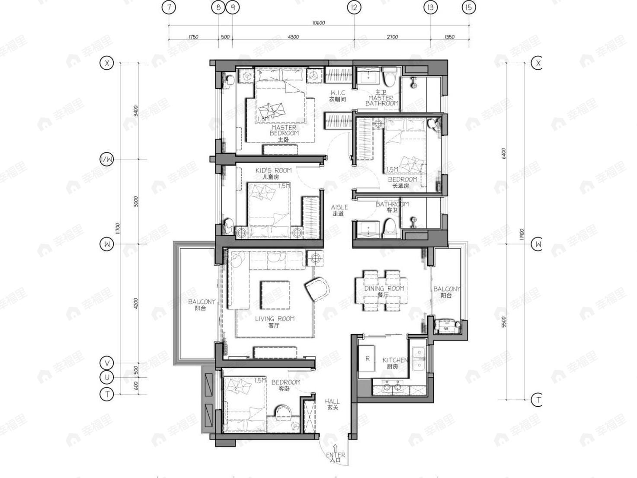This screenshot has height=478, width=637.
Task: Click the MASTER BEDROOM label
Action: (x=284, y=130)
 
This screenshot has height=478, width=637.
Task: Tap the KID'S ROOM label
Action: (x=273, y=170)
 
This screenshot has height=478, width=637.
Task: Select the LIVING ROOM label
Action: (x=275, y=319)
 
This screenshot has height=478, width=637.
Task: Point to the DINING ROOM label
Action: (x=384, y=289)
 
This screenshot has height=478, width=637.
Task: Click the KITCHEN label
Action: (x=395, y=360)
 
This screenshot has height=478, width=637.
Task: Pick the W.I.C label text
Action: (x=338, y=93)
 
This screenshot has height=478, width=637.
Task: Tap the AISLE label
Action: (x=339, y=207)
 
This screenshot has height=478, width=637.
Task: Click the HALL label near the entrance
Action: (x=332, y=401)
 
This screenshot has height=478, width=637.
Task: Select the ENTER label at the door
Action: (x=336, y=455)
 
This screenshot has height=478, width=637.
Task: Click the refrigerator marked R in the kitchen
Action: (x=367, y=359)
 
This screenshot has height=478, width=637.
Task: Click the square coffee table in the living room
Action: (x=275, y=295)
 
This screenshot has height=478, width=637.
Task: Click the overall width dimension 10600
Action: (x=318, y=23)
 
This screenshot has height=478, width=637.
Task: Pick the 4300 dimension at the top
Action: (x=293, y=37)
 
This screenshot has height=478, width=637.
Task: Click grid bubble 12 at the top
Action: (x=354, y=7)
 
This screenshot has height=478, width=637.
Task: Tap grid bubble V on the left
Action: (x=107, y=363)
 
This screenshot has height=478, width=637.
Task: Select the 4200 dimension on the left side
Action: (x=136, y=303)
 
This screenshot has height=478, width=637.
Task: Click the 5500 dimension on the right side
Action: (x=503, y=322)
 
